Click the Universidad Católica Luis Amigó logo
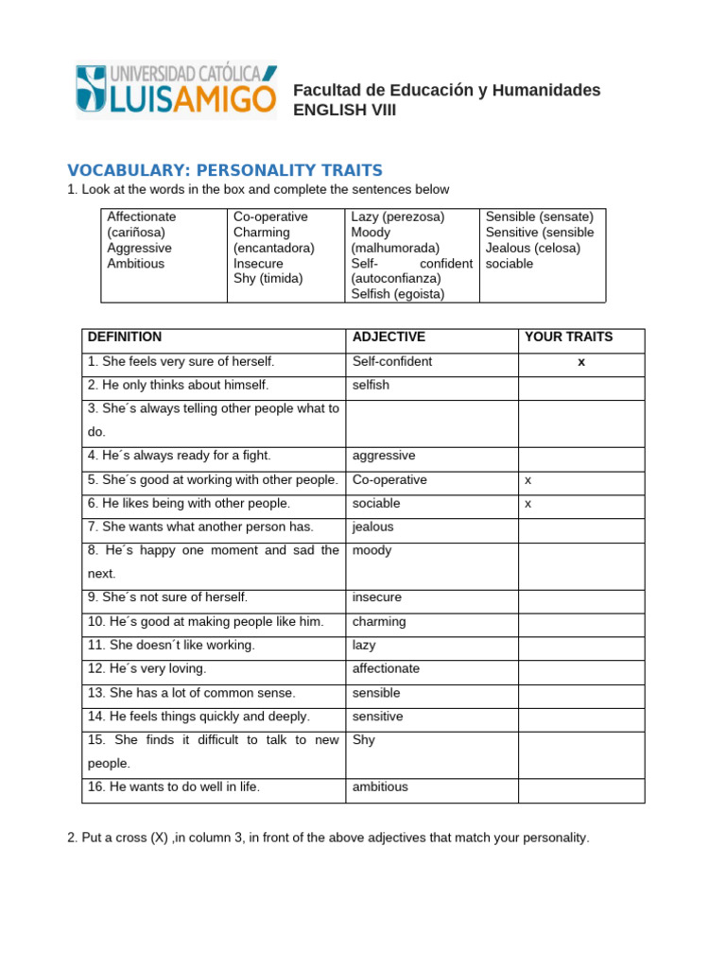pos(176,91)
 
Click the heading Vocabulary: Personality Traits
pos(225,170)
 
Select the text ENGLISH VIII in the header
pos(345,110)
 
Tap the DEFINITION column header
pos(125,337)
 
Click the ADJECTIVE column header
pos(389,337)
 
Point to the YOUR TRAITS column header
pos(568,337)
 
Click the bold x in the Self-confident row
pos(581,361)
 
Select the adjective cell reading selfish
pos(371,385)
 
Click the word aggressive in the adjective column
pos(384,456)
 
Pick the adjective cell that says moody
pos(372,550)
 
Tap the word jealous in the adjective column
pos(372,527)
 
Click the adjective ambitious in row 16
pos(380,786)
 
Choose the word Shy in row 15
pos(363,740)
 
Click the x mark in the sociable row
pos(528,503)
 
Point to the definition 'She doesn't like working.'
pos(171,645)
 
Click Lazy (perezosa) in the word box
pos(397,216)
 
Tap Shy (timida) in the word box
pos(268,278)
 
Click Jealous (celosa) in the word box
pos(533,248)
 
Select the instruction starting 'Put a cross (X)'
pos(328,838)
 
